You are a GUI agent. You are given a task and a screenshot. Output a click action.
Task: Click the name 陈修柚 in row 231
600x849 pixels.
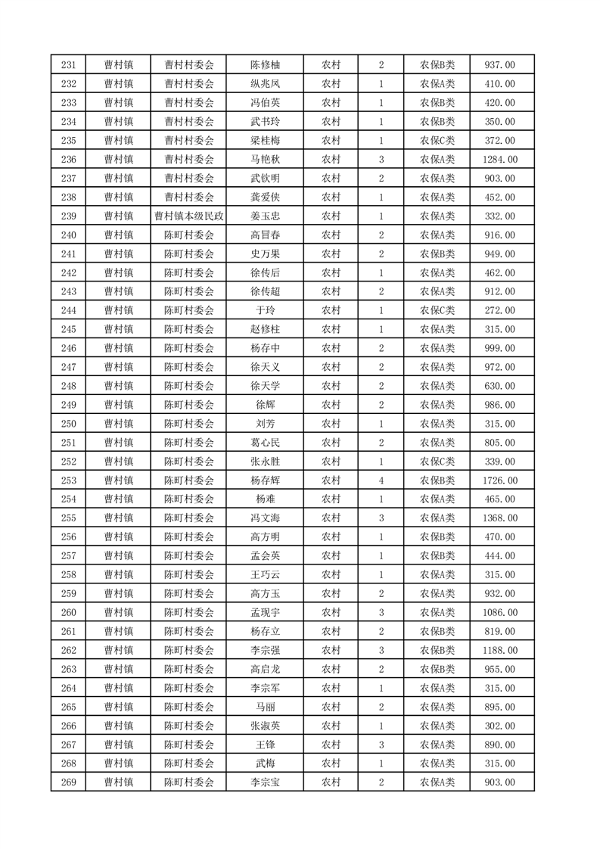pos(265,65)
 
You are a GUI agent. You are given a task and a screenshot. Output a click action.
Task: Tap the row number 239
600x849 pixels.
pos(68,216)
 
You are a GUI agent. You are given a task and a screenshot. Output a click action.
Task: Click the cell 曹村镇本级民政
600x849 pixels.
pos(188,216)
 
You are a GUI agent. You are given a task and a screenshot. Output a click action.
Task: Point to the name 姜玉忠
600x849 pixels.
pos(265,216)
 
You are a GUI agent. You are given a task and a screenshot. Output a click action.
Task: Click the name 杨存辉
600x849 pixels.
pos(265,480)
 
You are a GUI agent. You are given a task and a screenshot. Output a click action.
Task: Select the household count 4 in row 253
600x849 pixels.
pos(381,480)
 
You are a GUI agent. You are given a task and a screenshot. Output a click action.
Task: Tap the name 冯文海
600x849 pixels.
pos(265,518)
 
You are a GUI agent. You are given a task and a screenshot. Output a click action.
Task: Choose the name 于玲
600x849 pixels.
pos(265,311)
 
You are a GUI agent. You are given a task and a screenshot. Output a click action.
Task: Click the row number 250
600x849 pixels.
pos(68,424)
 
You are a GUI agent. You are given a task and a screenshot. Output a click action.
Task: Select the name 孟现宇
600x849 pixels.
pos(265,613)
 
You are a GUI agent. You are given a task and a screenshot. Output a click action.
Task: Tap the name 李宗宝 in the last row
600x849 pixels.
pos(265,782)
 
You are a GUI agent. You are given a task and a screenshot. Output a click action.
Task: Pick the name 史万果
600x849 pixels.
pos(265,254)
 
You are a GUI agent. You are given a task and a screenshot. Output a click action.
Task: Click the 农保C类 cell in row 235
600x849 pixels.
pos(437,141)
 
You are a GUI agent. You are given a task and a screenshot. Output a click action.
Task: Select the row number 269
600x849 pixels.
pos(68,782)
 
